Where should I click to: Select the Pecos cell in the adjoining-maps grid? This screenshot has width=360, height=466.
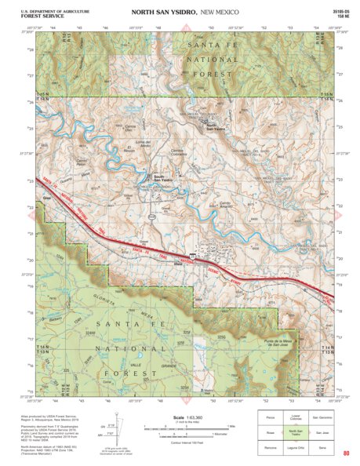pyautogui.click(x=269, y=417)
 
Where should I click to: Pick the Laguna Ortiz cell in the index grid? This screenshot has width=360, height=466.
pyautogui.click(x=295, y=446)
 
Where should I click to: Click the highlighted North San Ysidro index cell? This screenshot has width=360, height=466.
pyautogui.click(x=295, y=431)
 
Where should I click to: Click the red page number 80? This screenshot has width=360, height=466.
pyautogui.click(x=345, y=453)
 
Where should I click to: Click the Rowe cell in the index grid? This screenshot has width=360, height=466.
pyautogui.click(x=269, y=431)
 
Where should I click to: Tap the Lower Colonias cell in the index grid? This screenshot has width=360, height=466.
pyautogui.click(x=295, y=417)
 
